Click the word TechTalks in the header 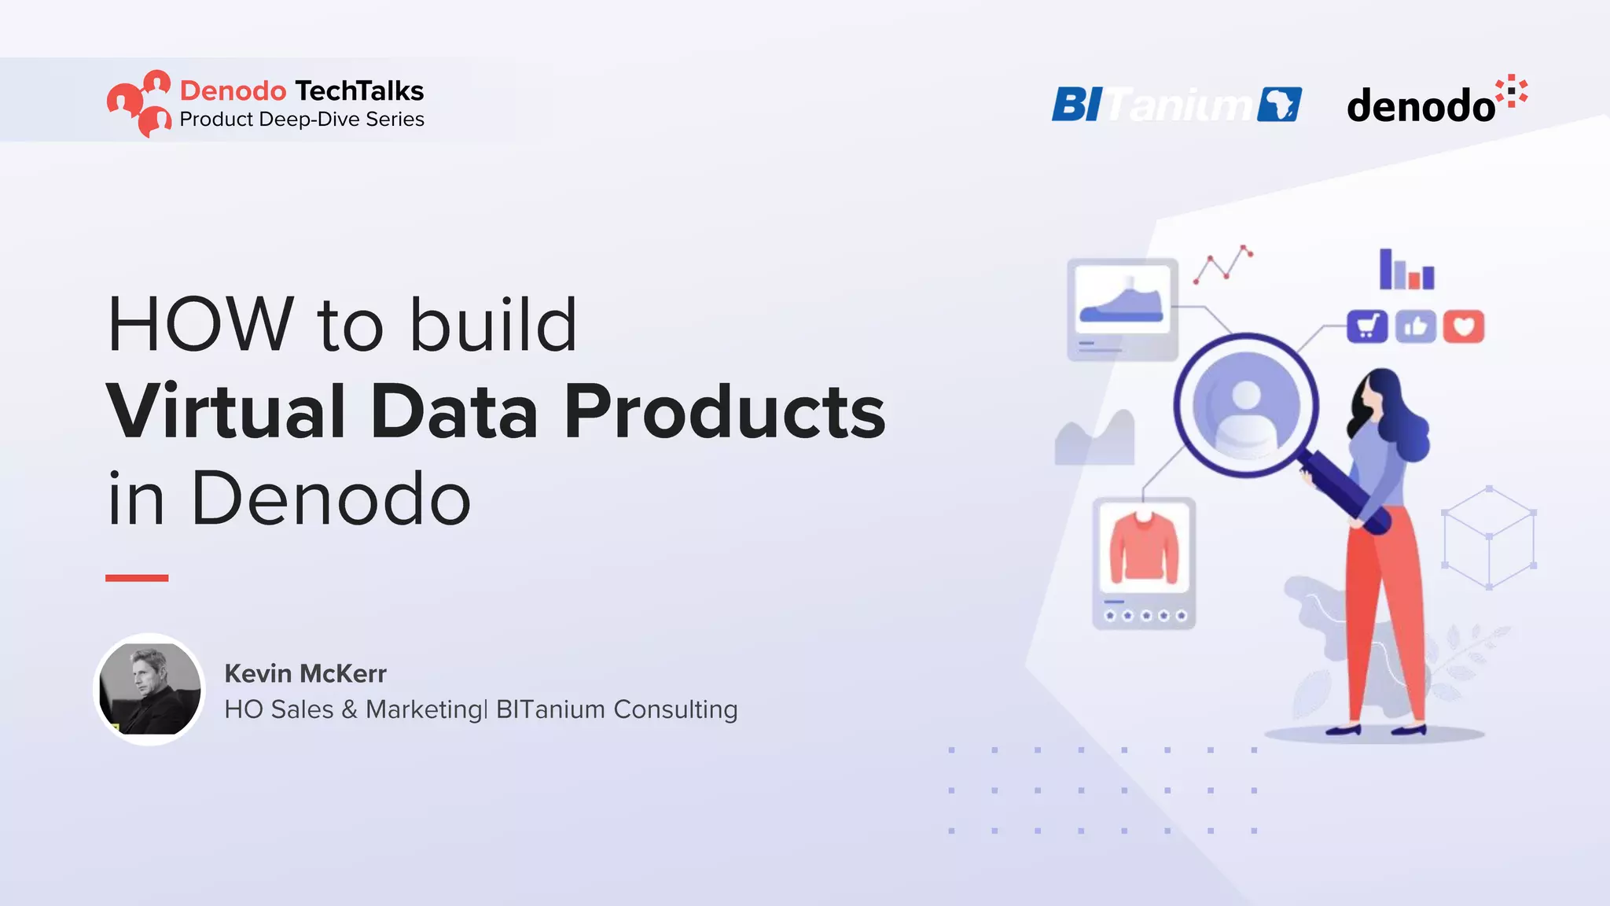tap(359, 91)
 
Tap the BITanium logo tap(1176, 105)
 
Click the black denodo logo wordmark tap(1421, 106)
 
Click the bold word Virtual tap(226, 411)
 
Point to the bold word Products tap(724, 411)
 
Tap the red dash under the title tap(137, 578)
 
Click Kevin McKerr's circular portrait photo tap(149, 690)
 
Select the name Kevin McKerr tap(305, 674)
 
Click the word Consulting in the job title tap(675, 709)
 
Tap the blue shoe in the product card tap(1122, 305)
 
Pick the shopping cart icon tap(1367, 326)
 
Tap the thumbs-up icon tap(1415, 326)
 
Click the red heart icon tap(1463, 326)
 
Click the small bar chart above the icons tap(1406, 271)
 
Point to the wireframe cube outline tap(1489, 538)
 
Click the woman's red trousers tap(1384, 621)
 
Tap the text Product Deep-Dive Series tap(302, 120)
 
